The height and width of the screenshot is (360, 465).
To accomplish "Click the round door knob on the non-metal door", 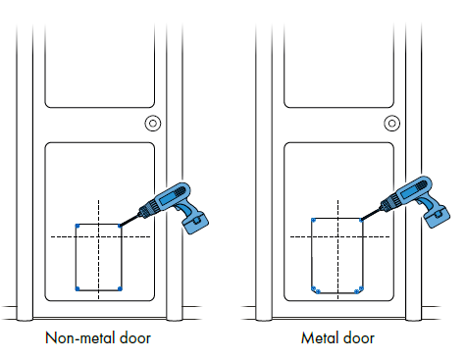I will (152, 124).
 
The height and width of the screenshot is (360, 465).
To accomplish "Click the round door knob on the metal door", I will (391, 124).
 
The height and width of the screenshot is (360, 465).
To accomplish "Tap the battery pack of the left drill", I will (199, 222).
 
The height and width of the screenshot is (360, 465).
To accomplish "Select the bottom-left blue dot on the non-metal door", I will (77, 288).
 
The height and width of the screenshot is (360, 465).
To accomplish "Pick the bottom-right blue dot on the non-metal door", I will (120, 288).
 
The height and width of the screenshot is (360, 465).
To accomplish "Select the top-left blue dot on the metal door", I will (312, 219).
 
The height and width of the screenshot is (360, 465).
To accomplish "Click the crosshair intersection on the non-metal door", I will (99, 236).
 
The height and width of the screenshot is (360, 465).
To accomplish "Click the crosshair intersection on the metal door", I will (337, 236).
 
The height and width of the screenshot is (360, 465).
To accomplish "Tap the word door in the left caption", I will (133, 339).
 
